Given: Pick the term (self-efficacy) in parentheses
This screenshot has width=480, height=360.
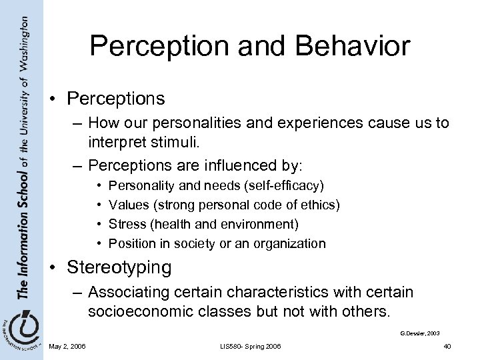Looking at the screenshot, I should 280,183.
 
